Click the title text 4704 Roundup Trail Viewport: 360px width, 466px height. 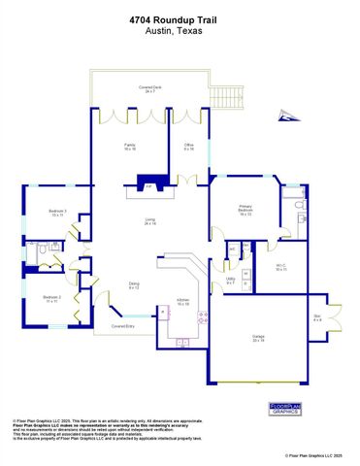click(x=179, y=17)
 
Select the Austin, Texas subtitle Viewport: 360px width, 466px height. click(x=179, y=28)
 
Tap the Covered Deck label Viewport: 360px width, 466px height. click(x=149, y=88)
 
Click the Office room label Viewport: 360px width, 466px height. click(x=189, y=148)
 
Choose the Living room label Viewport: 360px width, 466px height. click(x=149, y=222)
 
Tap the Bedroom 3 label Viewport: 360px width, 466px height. click(x=58, y=214)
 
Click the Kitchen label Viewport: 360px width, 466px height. click(x=182, y=302)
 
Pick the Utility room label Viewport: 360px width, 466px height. click(x=230, y=281)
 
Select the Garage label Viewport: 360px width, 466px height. click(x=258, y=340)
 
